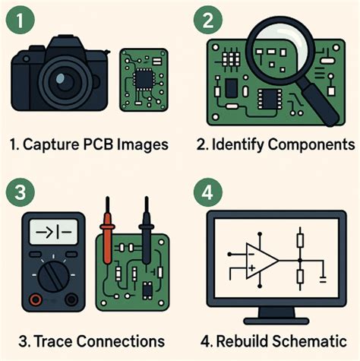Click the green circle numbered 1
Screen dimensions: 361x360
(x=23, y=19)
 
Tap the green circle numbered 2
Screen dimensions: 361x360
(x=205, y=19)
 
